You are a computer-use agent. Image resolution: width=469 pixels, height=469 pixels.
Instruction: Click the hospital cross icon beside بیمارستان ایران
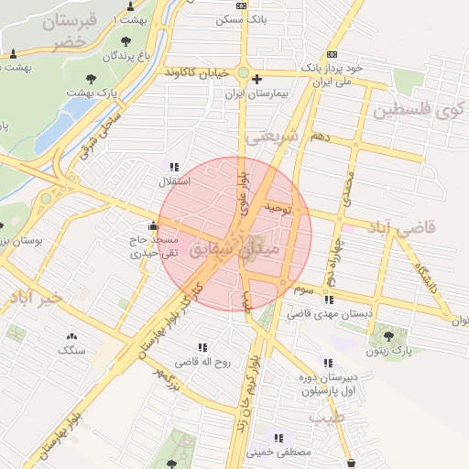tap(256, 81)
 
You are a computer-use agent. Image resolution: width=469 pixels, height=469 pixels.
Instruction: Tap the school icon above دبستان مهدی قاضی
tap(328, 300)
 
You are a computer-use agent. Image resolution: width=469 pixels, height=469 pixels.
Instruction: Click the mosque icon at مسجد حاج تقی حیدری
tap(152, 226)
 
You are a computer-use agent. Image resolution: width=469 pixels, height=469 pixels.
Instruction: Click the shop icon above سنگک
tap(71, 335)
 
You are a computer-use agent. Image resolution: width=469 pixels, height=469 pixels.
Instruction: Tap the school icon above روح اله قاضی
tap(202, 347)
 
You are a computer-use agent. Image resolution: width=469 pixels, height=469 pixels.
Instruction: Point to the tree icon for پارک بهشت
tap(90, 78)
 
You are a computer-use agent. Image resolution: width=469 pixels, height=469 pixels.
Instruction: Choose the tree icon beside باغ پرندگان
tap(125, 40)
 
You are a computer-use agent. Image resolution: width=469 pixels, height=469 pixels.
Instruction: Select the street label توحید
tap(277, 210)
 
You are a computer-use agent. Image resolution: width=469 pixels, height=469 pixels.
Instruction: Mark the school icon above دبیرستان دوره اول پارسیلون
tap(327, 363)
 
